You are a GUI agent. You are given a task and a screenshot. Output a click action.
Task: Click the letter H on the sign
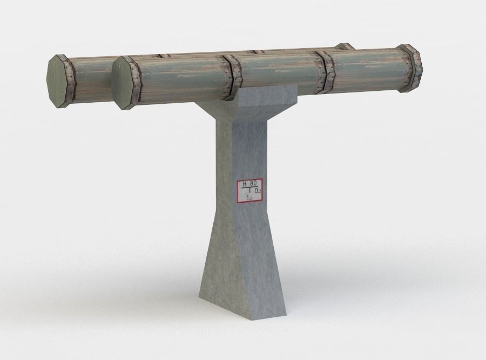click(245, 184)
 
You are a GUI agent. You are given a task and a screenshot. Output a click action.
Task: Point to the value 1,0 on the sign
click(249, 198)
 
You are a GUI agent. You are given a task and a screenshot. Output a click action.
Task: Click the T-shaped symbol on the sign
click(250, 191)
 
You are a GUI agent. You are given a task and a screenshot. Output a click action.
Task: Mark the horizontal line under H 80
click(249, 188)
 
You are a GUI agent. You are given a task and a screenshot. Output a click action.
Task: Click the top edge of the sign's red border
click(249, 179)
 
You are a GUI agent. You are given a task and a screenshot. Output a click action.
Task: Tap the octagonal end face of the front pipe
click(122, 83)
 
